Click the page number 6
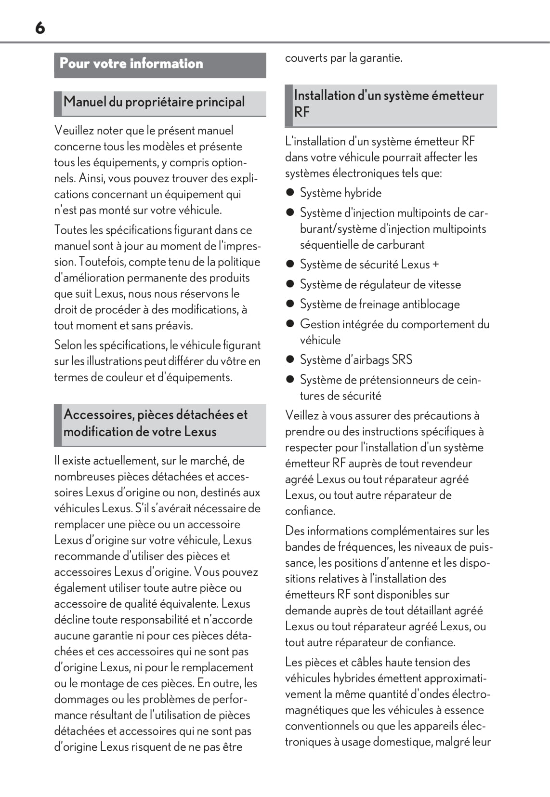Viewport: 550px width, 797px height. (40, 28)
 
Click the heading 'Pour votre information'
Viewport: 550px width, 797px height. (131, 64)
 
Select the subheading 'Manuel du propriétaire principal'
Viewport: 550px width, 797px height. (154, 102)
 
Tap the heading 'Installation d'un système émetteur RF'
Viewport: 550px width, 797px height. (389, 104)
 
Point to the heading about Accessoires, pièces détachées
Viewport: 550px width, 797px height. (156, 423)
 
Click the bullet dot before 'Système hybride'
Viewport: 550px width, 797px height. (290, 192)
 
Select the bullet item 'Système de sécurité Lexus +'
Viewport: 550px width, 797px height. (369, 265)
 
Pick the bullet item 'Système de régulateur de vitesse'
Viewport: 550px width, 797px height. (380, 284)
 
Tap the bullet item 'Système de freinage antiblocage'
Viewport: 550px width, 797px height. (380, 304)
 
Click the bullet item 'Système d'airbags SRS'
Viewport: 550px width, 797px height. (356, 359)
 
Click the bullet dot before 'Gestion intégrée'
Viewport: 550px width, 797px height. (290, 324)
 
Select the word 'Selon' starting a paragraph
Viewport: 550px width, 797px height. (67, 345)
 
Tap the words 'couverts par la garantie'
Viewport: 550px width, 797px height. (343, 58)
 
